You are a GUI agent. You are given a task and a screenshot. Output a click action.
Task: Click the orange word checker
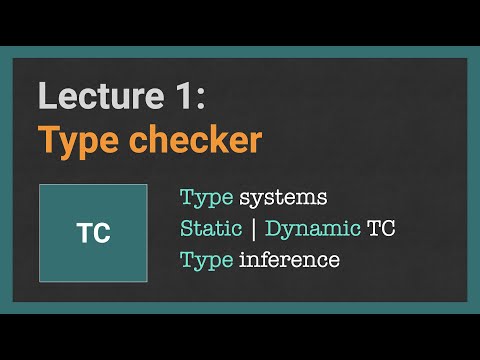click(x=196, y=140)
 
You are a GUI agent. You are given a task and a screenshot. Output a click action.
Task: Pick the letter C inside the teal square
click(x=100, y=234)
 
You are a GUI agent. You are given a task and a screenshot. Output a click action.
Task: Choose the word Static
click(x=209, y=228)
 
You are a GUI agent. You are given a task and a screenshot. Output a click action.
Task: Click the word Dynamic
click(x=312, y=228)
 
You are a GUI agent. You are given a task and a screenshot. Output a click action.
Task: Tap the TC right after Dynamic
click(x=381, y=228)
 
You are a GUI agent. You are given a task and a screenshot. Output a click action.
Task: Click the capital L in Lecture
click(x=46, y=96)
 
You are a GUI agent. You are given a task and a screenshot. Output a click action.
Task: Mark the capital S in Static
click(x=186, y=228)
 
